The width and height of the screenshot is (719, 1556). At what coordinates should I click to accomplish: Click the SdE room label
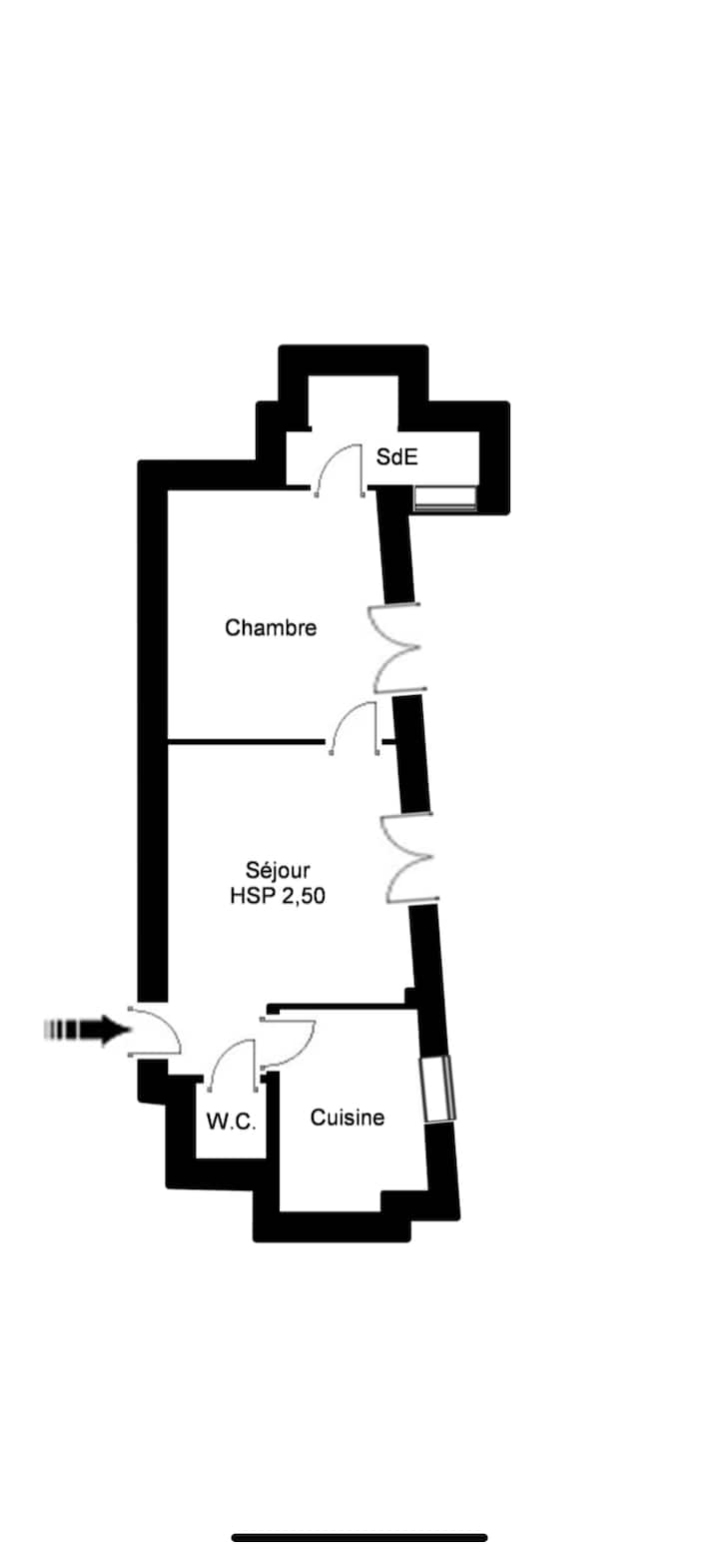396,456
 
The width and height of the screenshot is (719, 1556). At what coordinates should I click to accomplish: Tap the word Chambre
271,628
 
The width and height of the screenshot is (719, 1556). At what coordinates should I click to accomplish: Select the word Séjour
278,870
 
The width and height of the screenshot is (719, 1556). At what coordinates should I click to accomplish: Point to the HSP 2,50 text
278,896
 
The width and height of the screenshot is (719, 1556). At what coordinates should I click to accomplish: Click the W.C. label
232,1122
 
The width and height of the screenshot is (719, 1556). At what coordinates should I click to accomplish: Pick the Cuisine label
348,1117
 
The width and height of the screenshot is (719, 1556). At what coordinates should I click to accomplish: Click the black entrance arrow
88,1029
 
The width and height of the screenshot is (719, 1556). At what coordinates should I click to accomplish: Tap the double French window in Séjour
409,858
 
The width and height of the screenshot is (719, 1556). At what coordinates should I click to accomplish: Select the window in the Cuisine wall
438,1089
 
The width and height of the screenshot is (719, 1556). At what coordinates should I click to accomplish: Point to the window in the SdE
445,498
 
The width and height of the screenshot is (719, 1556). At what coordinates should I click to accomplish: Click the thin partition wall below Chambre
247,743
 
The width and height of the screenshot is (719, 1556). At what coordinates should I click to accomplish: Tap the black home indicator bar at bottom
359,1538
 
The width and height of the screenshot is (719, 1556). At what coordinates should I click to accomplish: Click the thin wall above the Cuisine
338,1005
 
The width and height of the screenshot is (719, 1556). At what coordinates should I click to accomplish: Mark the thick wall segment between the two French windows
411,753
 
